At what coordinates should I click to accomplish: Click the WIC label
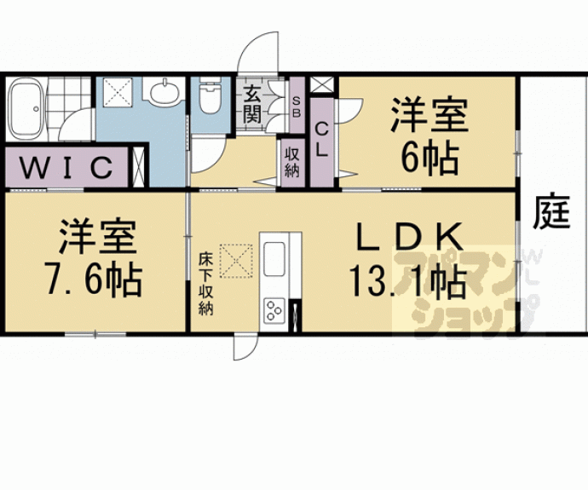tap(66, 165)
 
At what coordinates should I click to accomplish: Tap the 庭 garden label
tap(552, 212)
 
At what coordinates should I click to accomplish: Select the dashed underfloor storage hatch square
tap(237, 262)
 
